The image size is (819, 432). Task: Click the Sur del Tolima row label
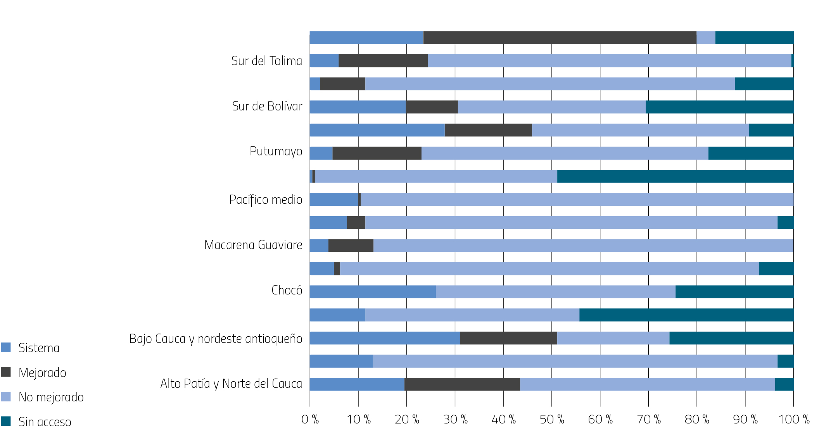coord(266,61)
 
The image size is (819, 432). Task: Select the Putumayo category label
coord(276,151)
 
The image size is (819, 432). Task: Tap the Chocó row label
coord(287,290)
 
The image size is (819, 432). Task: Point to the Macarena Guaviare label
coord(253,245)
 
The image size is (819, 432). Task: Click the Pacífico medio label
coord(265,200)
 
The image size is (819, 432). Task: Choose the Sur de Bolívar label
coord(267,106)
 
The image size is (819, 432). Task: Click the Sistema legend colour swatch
coord(6,348)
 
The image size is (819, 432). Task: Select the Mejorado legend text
coord(42,373)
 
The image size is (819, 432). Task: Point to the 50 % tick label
coord(551,419)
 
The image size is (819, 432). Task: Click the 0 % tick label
coord(310,419)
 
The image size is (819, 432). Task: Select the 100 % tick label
coord(793,419)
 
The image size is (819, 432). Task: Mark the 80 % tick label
coord(696,419)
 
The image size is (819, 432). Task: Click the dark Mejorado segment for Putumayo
coord(377,153)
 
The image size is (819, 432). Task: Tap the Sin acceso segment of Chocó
coord(734,292)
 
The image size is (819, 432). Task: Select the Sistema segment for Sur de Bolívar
coord(358,107)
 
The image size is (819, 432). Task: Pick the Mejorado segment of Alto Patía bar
coord(462,384)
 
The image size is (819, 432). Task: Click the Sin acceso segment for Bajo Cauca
coord(731,338)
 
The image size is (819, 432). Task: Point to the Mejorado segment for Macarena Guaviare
coord(351,246)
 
